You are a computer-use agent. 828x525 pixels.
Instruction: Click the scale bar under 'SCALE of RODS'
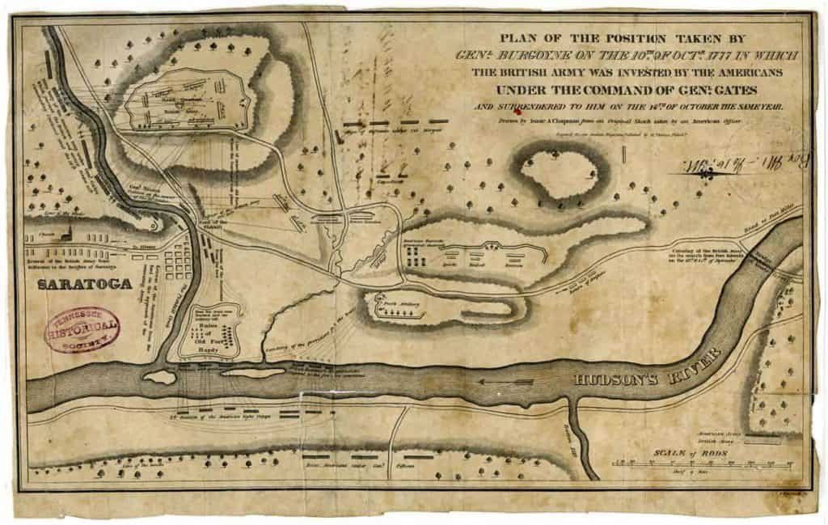pyautogui.click(x=700, y=464)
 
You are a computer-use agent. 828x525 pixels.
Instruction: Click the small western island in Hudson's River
pyautogui.click(x=160, y=377)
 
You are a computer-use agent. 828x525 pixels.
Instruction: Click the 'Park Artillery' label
pyautogui.click(x=399, y=306)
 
